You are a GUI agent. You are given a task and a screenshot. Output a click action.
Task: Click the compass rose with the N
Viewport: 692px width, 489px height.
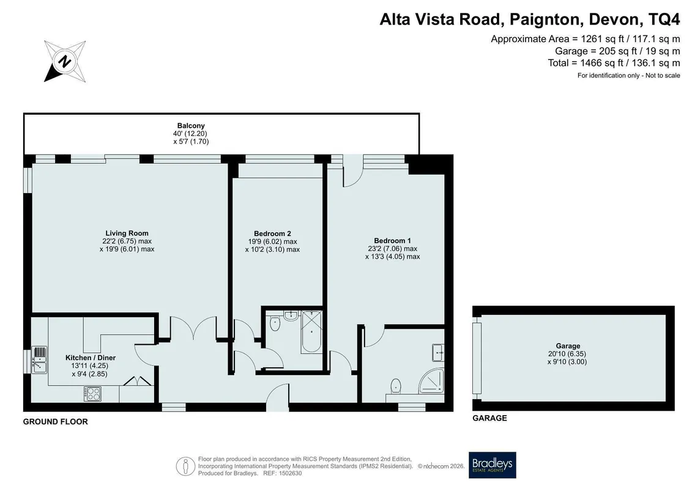(x=65, y=61)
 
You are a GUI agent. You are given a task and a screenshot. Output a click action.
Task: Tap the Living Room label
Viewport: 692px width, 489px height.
(x=127, y=233)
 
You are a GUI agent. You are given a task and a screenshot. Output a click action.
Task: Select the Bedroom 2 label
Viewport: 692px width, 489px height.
(x=272, y=233)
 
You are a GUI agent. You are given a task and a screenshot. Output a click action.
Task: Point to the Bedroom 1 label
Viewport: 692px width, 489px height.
(x=392, y=241)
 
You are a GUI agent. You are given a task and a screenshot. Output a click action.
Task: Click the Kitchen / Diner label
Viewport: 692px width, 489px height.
(x=91, y=358)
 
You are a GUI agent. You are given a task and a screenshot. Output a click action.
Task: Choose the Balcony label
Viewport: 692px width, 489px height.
(x=191, y=126)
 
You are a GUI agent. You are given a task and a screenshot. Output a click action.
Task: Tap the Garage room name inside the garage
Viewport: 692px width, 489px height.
(x=568, y=346)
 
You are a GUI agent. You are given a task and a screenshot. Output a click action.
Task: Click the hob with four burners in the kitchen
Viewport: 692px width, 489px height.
(x=92, y=394)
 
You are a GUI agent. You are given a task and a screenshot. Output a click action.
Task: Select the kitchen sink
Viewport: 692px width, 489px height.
(x=39, y=360)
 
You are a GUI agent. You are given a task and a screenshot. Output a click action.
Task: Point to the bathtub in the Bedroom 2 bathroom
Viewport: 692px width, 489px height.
(x=311, y=331)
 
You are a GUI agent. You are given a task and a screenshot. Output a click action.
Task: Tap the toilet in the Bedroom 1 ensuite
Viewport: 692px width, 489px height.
(x=396, y=386)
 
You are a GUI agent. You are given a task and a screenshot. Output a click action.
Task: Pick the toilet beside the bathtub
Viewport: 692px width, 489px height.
(x=275, y=323)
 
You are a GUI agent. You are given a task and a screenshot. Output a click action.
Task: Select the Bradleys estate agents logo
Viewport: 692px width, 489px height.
(x=492, y=465)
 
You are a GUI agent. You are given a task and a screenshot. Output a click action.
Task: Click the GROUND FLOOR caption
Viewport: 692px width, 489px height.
(x=56, y=422)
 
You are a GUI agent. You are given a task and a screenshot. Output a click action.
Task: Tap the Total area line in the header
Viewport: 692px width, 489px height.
(x=614, y=63)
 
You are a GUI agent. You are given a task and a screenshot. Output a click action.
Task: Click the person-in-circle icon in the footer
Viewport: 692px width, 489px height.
(x=186, y=466)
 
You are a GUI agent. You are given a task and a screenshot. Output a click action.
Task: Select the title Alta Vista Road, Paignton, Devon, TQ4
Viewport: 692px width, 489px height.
(x=530, y=20)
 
